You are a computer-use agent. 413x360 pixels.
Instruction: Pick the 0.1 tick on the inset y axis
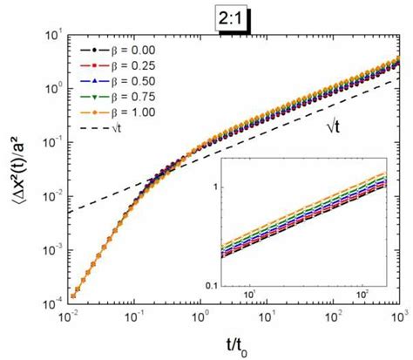point(210,284)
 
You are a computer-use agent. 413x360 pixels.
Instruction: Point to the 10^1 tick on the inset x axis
point(249,298)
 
